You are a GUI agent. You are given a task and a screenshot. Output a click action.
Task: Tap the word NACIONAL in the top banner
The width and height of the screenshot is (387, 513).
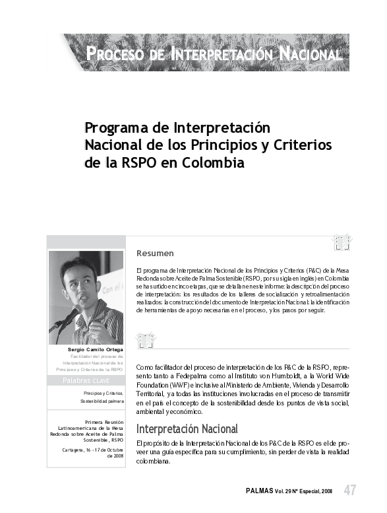[310, 53]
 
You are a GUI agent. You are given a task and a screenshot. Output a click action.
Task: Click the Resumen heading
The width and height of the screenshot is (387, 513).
[155, 253]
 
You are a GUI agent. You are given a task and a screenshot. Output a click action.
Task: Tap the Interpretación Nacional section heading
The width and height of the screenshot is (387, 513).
[187, 429]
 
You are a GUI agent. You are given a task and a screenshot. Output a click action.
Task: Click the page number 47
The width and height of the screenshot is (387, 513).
[350, 490]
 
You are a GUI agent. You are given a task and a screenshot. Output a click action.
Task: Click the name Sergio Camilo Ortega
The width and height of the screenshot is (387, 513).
[95, 349]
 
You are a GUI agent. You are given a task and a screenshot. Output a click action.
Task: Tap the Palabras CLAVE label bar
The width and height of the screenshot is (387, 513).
[86, 381]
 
